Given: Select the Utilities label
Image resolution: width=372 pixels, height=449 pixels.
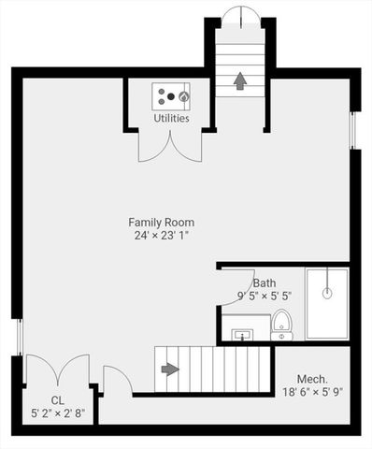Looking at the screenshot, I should [x=171, y=119].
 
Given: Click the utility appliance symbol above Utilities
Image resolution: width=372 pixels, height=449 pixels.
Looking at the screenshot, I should [x=172, y=95].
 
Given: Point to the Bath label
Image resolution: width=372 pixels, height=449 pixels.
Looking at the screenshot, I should [x=264, y=282].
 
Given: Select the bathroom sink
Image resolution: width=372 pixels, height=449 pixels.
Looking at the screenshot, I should [x=243, y=333].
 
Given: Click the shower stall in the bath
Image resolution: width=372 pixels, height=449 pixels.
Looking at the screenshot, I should [x=326, y=303].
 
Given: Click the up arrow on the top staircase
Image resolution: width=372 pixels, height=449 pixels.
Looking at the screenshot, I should [x=239, y=81].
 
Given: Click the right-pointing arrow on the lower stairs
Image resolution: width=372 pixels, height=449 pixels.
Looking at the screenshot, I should [x=169, y=369].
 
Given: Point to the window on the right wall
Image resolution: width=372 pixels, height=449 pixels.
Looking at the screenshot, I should [x=353, y=130].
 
